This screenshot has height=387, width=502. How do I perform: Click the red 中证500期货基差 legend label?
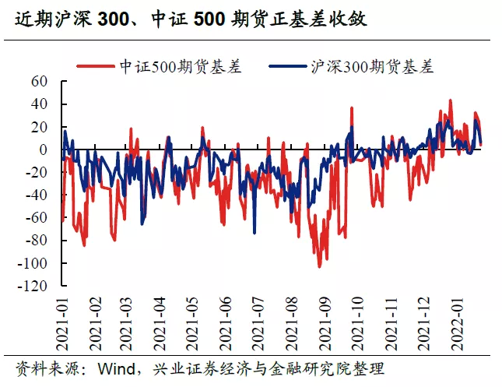click(x=181, y=66)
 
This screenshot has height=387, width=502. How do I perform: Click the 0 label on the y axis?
click(x=44, y=150)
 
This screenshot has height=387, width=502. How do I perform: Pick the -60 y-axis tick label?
click(x=37, y=218)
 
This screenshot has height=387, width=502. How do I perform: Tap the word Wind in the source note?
click(x=112, y=368)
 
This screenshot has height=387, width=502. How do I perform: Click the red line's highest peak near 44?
click(x=450, y=100)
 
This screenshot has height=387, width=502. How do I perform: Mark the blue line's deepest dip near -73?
click(x=254, y=232)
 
